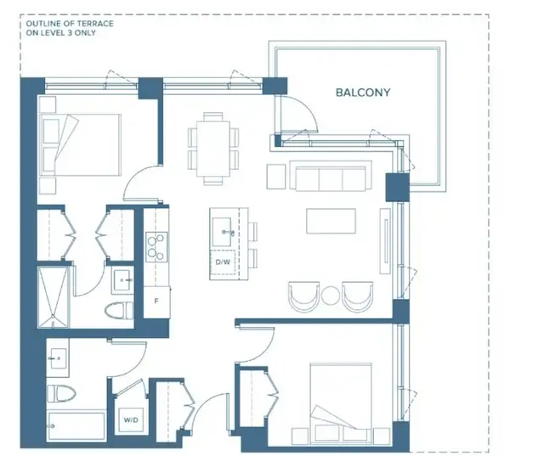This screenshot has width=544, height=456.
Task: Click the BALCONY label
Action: (363, 93)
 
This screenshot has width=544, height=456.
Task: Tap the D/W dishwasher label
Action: (223, 262)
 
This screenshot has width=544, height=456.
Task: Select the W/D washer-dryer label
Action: (131, 420)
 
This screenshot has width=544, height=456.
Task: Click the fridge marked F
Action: (156, 301)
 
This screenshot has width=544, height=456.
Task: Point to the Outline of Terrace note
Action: (70, 28)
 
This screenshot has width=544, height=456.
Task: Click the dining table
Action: (213, 149)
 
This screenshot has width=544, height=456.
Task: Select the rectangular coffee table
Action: (331, 221)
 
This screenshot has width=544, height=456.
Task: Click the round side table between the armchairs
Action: (331, 296)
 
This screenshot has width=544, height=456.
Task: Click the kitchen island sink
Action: (222, 232)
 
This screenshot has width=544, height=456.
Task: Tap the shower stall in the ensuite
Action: (54, 297)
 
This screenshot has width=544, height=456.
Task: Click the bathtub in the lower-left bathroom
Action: (76, 425)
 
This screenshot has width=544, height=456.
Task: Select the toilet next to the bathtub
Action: (61, 394)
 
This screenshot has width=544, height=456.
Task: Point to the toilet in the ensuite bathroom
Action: (119, 311)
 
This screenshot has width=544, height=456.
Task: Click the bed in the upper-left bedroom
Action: (80, 144)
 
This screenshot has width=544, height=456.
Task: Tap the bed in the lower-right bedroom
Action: (341, 403)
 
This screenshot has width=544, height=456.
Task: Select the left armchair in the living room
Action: (304, 296)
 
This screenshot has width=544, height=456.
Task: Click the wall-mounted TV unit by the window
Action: (385, 241)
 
